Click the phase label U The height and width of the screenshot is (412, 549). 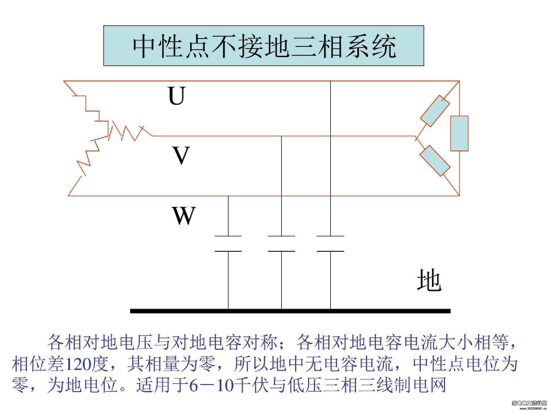[177, 96]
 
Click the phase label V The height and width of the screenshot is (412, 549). [181, 155]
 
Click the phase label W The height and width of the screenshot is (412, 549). [184, 215]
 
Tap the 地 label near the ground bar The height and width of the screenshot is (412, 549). [429, 280]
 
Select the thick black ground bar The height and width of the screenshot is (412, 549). [290, 311]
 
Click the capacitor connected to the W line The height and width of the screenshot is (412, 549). [228, 244]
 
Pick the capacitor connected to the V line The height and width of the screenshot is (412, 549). [281, 244]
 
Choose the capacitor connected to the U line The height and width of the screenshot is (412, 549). [331, 244]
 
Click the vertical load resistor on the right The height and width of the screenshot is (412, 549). [459, 134]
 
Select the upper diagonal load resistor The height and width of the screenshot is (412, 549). [435, 111]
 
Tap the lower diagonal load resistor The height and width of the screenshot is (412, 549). [435, 161]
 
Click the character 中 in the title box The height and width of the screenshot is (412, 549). [144, 46]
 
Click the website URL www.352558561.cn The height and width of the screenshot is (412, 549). [533, 409]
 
